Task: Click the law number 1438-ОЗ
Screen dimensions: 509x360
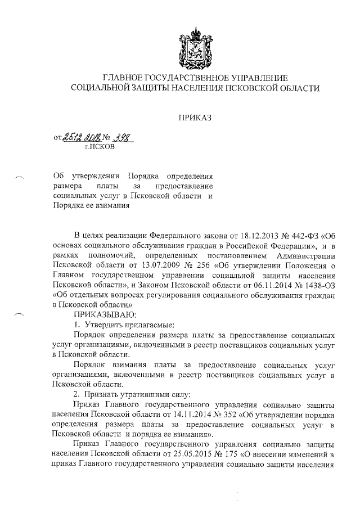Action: pos(314,283)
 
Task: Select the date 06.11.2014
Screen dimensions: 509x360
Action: pos(263,283)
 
